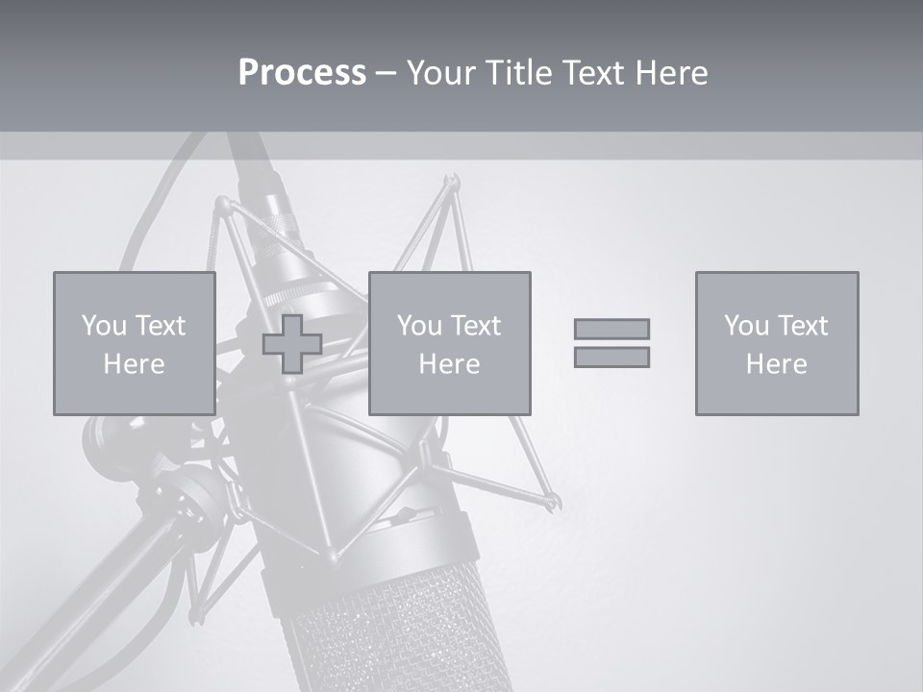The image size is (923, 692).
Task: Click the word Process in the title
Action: point(302,73)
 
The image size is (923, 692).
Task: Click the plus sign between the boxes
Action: point(292,344)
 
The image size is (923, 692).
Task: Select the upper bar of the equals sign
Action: point(611,329)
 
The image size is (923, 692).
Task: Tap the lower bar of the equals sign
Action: point(611,358)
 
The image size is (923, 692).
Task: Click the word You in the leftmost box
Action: point(104,326)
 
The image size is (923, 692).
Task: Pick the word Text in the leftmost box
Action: point(159,326)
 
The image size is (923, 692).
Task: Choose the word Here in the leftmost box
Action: point(134,364)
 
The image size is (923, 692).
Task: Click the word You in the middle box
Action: point(419,326)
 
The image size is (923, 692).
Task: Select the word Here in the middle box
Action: point(449,364)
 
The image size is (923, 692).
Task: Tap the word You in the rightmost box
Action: point(746,326)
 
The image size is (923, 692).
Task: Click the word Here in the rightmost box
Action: point(776,364)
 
